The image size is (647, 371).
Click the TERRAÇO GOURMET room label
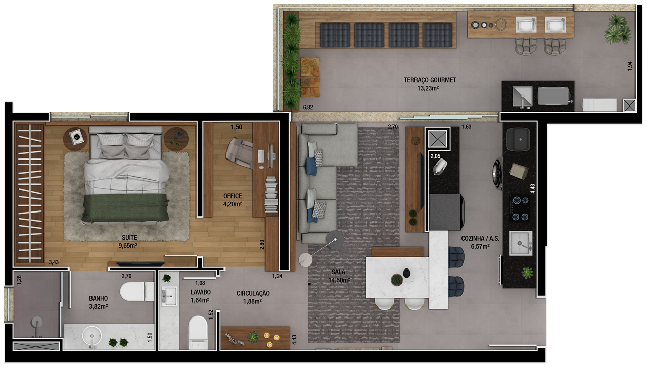tap(430, 80)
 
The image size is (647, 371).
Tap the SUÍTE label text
tap(129, 238)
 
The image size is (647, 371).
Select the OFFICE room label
tap(233, 196)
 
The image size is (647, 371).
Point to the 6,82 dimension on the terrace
tap(308, 108)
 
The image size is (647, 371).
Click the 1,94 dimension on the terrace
tap(630, 66)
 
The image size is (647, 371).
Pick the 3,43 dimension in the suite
tap(54, 262)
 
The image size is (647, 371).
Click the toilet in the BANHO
tap(137, 291)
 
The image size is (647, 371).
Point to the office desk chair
tap(239, 153)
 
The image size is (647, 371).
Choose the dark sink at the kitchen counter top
tap(519, 139)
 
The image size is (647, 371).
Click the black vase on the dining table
tap(406, 273)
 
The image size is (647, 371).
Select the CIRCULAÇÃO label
tap(253, 293)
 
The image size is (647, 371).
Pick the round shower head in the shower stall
tap(37, 322)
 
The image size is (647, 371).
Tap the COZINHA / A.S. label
tap(480, 239)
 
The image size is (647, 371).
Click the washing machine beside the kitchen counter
tap(498, 173)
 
